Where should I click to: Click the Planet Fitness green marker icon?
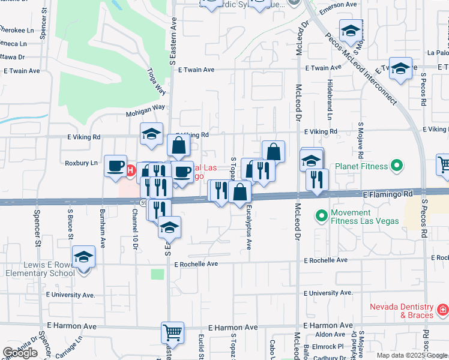click(x=396, y=164)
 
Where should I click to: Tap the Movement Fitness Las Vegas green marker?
click(x=322, y=214)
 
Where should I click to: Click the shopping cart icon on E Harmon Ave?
click(x=172, y=332)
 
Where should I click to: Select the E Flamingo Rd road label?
click(x=388, y=194)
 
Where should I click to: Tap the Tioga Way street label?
click(x=156, y=80)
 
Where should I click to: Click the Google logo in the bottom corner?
click(x=20, y=353)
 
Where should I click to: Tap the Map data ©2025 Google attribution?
click(x=412, y=355)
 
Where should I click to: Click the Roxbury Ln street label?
click(x=80, y=163)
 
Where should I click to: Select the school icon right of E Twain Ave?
click(x=400, y=68)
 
